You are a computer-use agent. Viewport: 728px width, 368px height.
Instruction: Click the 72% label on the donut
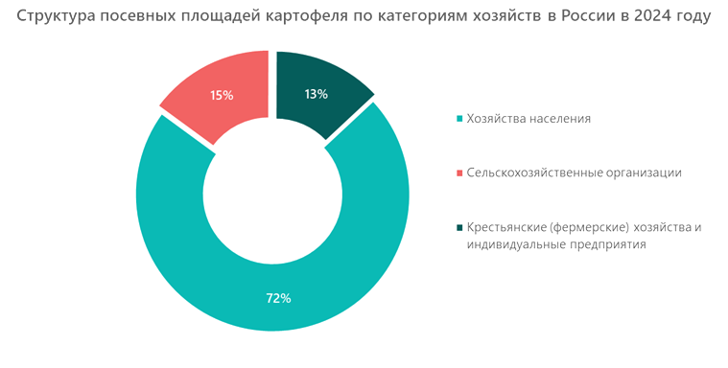pos(278,298)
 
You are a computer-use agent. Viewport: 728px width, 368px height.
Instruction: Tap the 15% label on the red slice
pos(221,95)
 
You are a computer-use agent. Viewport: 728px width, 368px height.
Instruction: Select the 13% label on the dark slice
pos(316,94)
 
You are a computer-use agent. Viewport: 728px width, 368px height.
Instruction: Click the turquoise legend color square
pos(459,118)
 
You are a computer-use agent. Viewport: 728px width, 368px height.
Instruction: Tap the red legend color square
pos(459,172)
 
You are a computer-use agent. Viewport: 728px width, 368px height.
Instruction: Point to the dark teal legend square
pos(459,227)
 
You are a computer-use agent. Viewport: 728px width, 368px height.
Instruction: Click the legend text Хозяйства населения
pos(528,118)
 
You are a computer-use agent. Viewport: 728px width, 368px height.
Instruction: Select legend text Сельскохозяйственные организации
pos(574,172)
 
